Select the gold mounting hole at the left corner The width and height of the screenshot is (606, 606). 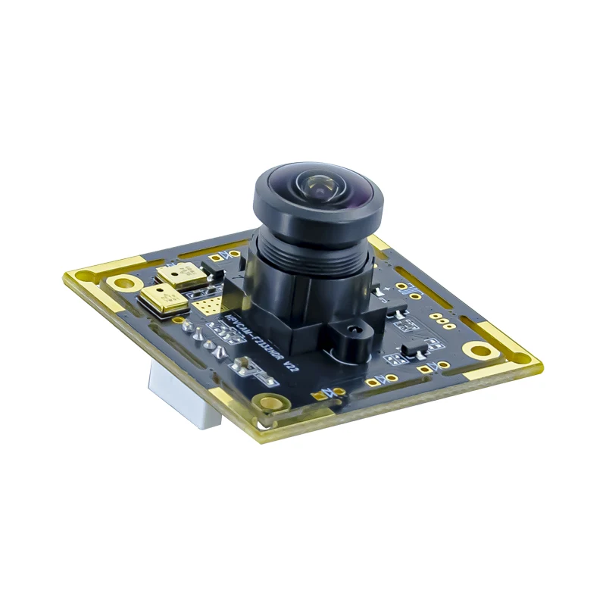[x=120, y=283]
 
